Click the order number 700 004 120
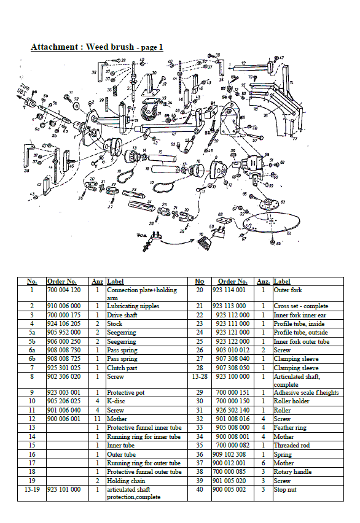click(x=63, y=290)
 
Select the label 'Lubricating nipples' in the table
click(x=133, y=306)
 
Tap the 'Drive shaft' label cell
click(x=123, y=314)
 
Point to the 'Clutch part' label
click(x=123, y=366)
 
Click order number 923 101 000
click(x=63, y=490)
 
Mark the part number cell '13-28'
click(x=199, y=376)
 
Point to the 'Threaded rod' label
click(x=292, y=445)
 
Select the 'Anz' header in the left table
click(x=97, y=281)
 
